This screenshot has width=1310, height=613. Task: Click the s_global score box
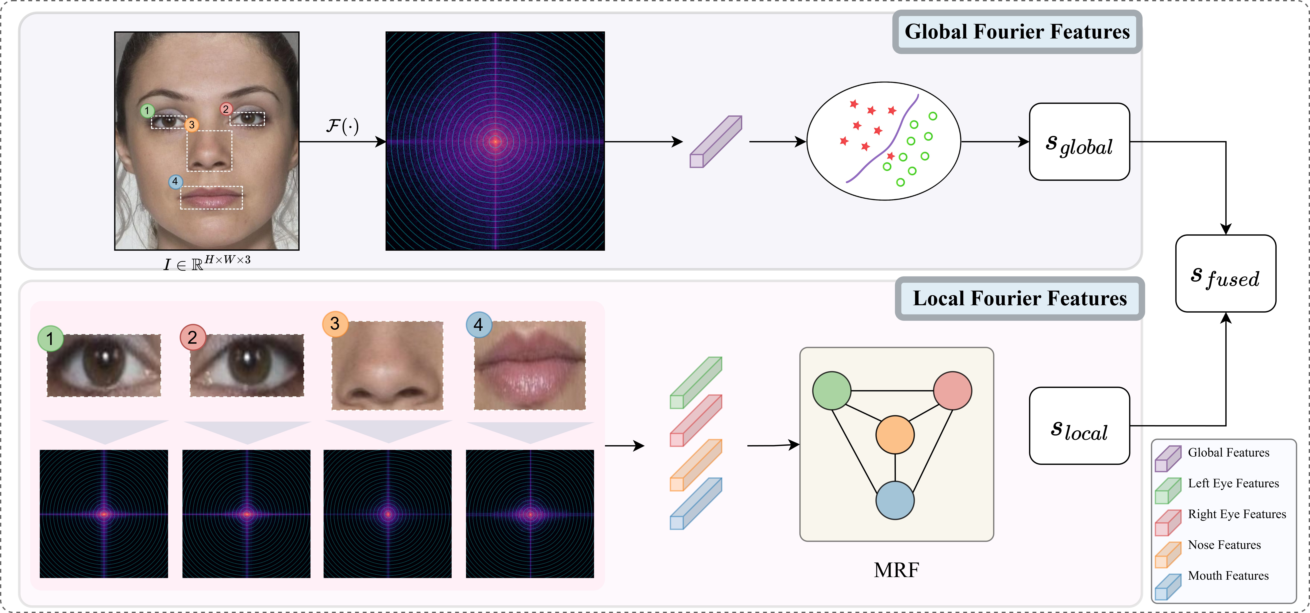click(x=1079, y=142)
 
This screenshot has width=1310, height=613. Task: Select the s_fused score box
click(x=1226, y=273)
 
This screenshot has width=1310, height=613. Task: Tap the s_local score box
click(x=1079, y=426)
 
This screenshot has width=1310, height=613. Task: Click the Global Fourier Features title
click(x=1017, y=32)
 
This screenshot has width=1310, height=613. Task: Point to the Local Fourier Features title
click(x=1020, y=298)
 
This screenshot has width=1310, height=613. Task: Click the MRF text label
click(x=896, y=570)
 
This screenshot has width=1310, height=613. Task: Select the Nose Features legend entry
click(x=1224, y=545)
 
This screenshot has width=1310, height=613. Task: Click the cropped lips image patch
click(x=529, y=365)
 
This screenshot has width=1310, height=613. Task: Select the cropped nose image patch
click(x=387, y=365)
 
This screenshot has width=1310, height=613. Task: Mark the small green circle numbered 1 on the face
click(x=147, y=110)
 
